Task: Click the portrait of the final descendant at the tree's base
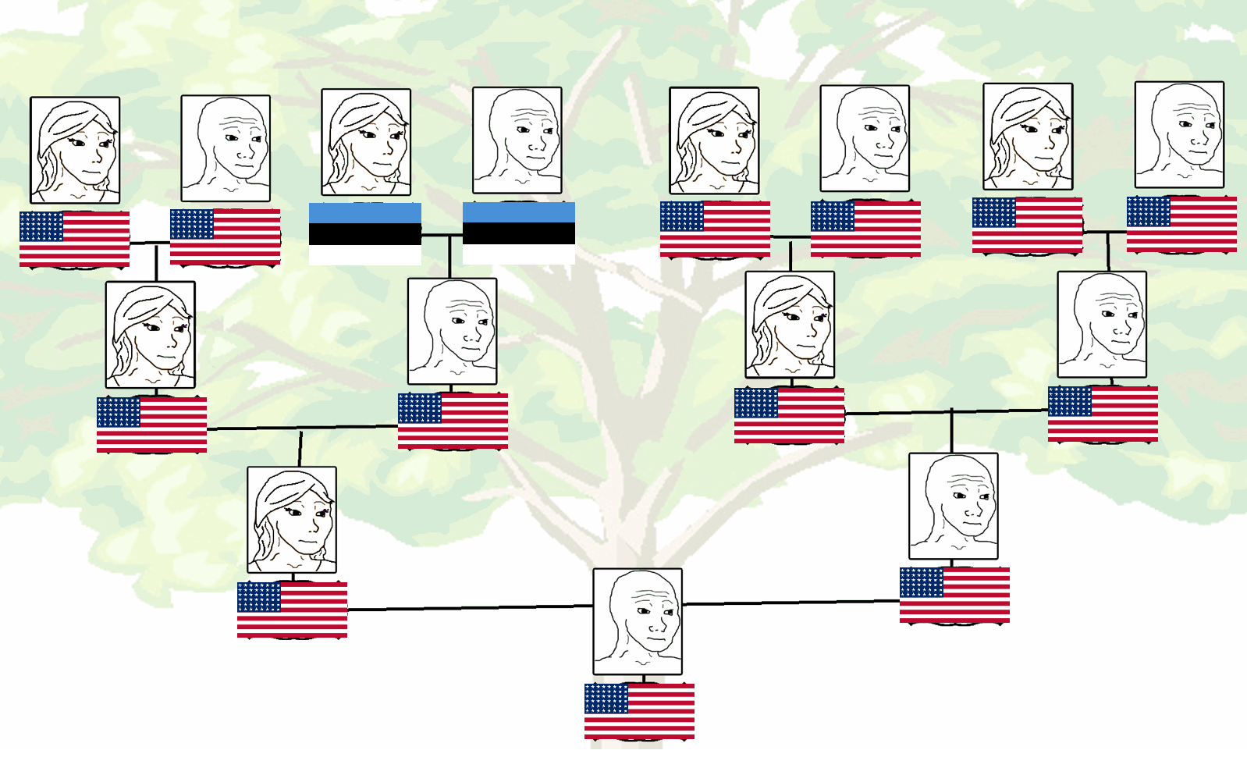click(638, 621)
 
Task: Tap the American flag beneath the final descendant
click(639, 711)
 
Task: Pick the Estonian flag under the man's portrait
click(519, 233)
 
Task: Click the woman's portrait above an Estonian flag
click(366, 142)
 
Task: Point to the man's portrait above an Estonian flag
click(517, 140)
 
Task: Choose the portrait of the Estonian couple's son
click(452, 331)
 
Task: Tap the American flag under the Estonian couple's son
click(453, 421)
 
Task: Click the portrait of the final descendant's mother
click(292, 520)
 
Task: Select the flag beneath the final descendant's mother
click(292, 610)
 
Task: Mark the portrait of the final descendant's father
click(954, 506)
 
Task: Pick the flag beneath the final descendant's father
click(954, 595)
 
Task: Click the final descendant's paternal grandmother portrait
click(790, 325)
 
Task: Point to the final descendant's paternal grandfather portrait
click(1102, 325)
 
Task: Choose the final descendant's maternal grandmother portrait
click(151, 335)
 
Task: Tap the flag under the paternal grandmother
click(789, 415)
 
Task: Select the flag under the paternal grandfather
click(1103, 414)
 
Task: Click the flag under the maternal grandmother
click(151, 425)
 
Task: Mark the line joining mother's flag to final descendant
click(468, 607)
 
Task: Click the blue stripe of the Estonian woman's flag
click(365, 213)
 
